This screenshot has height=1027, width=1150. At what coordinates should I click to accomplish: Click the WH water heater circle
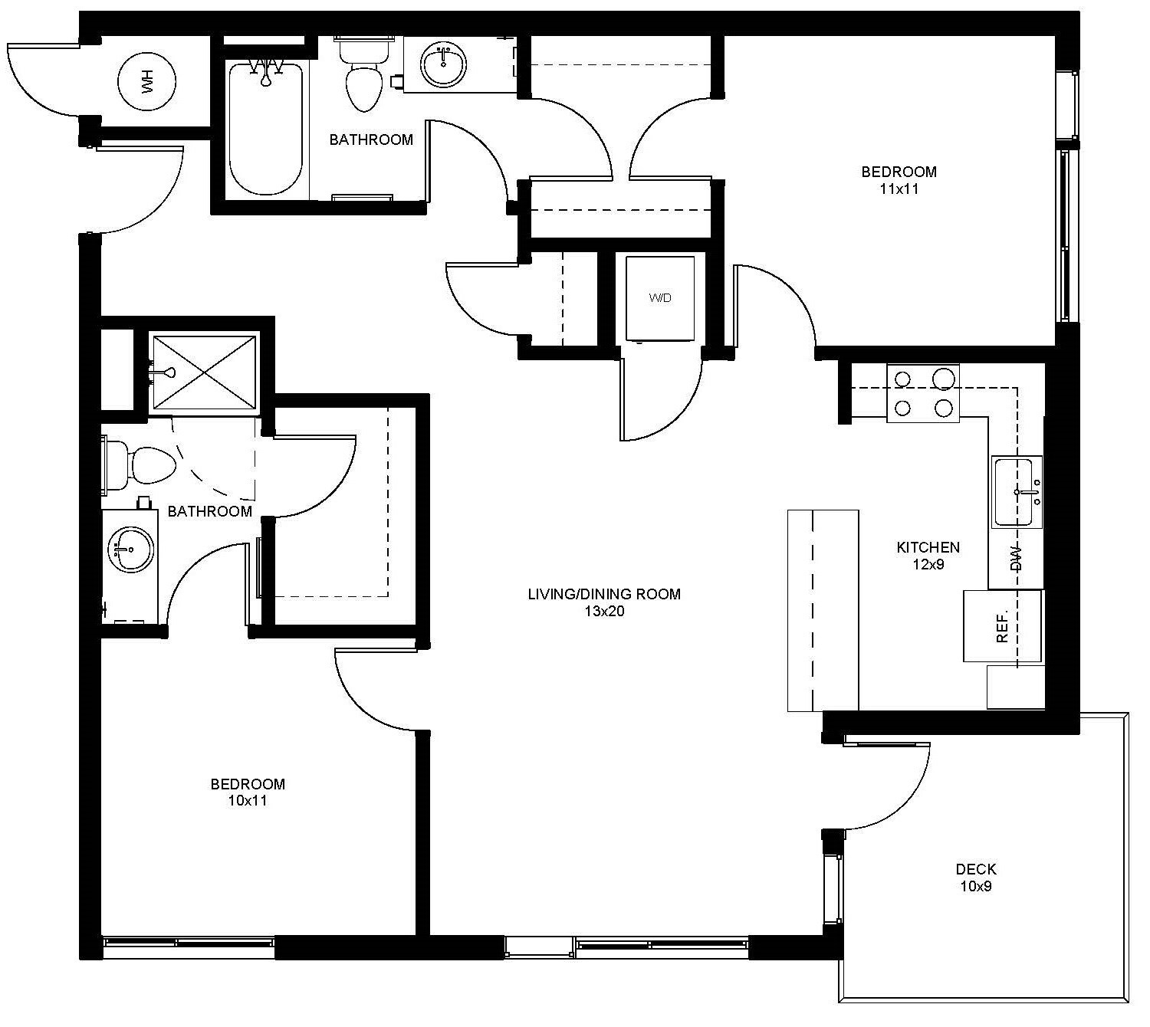tap(147, 80)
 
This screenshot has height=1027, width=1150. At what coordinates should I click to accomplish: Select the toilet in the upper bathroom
tap(363, 77)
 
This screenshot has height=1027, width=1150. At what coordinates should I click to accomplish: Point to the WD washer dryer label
tap(660, 297)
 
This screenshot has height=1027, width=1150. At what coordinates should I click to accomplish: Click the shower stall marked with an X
tap(204, 372)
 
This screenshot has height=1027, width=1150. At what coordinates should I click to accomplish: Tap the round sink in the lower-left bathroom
tap(131, 549)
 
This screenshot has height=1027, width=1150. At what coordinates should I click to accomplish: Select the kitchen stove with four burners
tap(923, 393)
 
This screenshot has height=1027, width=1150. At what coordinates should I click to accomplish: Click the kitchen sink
tap(1017, 491)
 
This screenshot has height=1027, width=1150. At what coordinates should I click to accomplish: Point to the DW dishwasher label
tap(1017, 558)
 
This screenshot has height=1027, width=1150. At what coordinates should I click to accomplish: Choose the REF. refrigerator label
tap(1002, 626)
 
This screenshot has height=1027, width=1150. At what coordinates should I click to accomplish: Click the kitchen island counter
tap(823, 611)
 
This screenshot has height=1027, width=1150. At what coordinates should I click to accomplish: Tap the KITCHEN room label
tap(928, 547)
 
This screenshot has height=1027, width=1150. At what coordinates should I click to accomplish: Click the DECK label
tap(976, 869)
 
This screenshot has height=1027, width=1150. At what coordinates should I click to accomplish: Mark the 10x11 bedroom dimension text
tap(248, 801)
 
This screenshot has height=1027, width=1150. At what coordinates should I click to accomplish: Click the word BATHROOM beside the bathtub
tap(371, 139)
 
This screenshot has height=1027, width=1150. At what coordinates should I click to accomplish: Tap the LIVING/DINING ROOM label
tap(603, 594)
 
